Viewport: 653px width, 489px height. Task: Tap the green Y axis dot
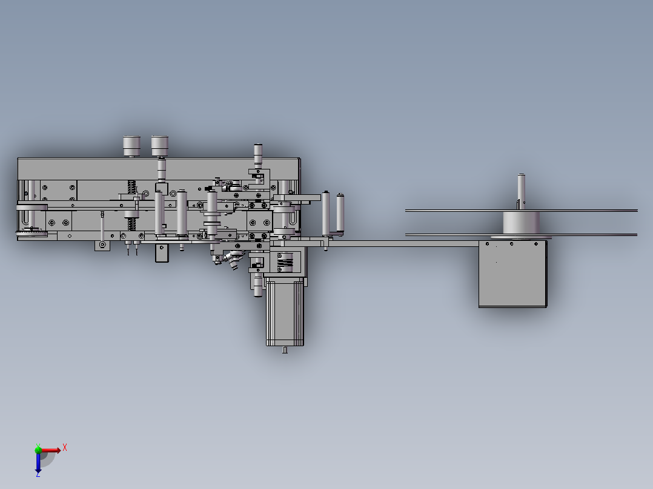point(38,449)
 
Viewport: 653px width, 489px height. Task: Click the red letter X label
point(65,448)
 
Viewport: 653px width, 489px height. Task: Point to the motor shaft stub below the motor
point(285,350)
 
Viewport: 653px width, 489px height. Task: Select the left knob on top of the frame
point(131,145)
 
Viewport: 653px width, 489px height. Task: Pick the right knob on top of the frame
point(160,145)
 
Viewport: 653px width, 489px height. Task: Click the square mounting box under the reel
point(512,275)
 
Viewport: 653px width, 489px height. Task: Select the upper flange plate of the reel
point(521,211)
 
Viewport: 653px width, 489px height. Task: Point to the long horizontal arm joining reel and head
point(400,243)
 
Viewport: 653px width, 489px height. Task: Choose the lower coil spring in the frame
point(131,223)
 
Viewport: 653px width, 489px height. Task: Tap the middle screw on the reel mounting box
point(512,244)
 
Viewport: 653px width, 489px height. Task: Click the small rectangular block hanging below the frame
point(161,252)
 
